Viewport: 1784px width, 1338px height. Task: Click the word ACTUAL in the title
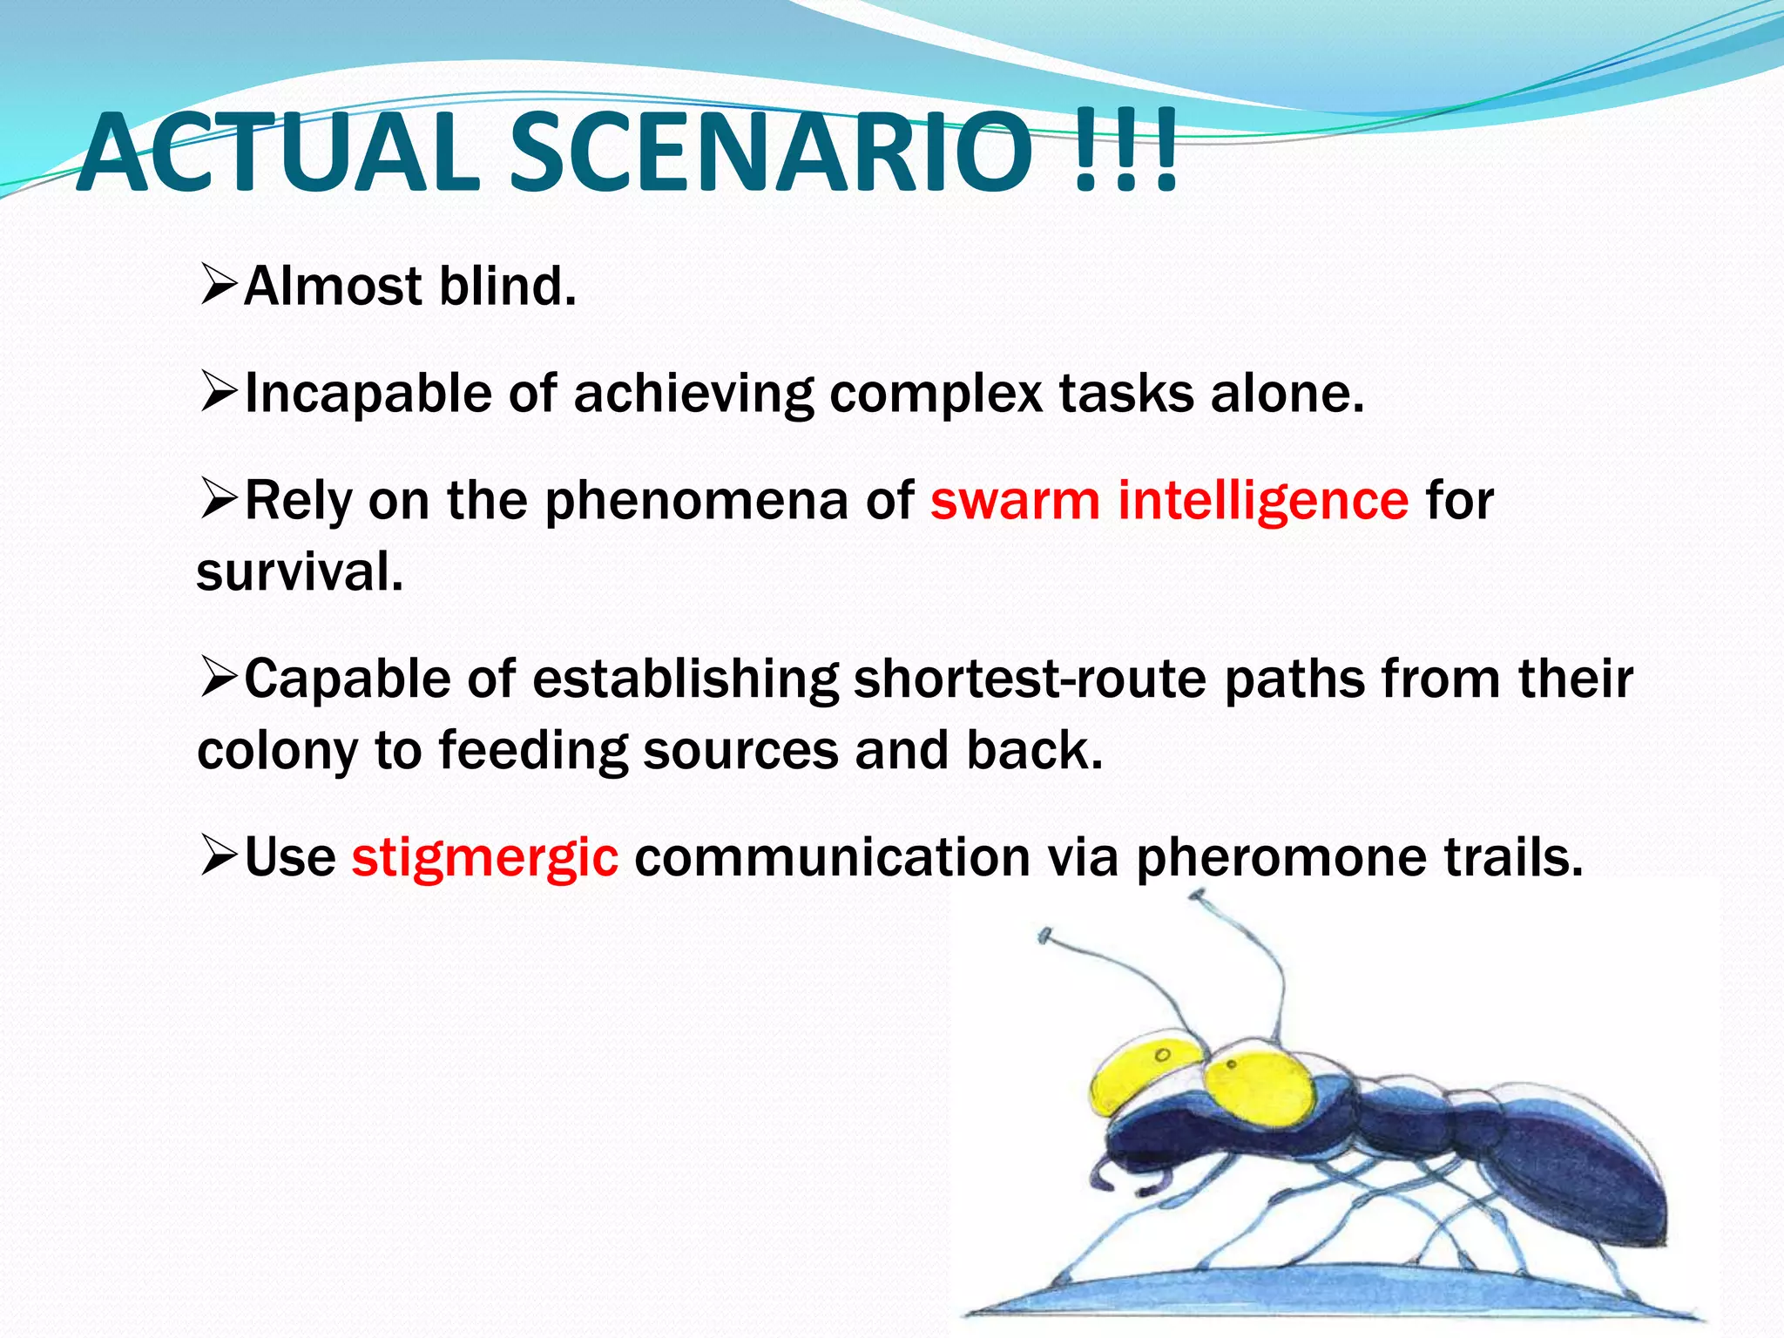tap(279, 152)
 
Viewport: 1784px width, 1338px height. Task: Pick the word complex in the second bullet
tap(936, 394)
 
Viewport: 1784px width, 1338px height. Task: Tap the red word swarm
tap(1015, 501)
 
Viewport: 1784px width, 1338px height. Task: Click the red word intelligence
tap(1262, 501)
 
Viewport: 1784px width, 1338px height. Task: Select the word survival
tap(300, 572)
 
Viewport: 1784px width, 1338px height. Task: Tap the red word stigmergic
tap(484, 857)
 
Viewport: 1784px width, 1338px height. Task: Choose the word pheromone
tap(1281, 857)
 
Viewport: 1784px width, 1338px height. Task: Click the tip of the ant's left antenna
tap(1044, 936)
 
